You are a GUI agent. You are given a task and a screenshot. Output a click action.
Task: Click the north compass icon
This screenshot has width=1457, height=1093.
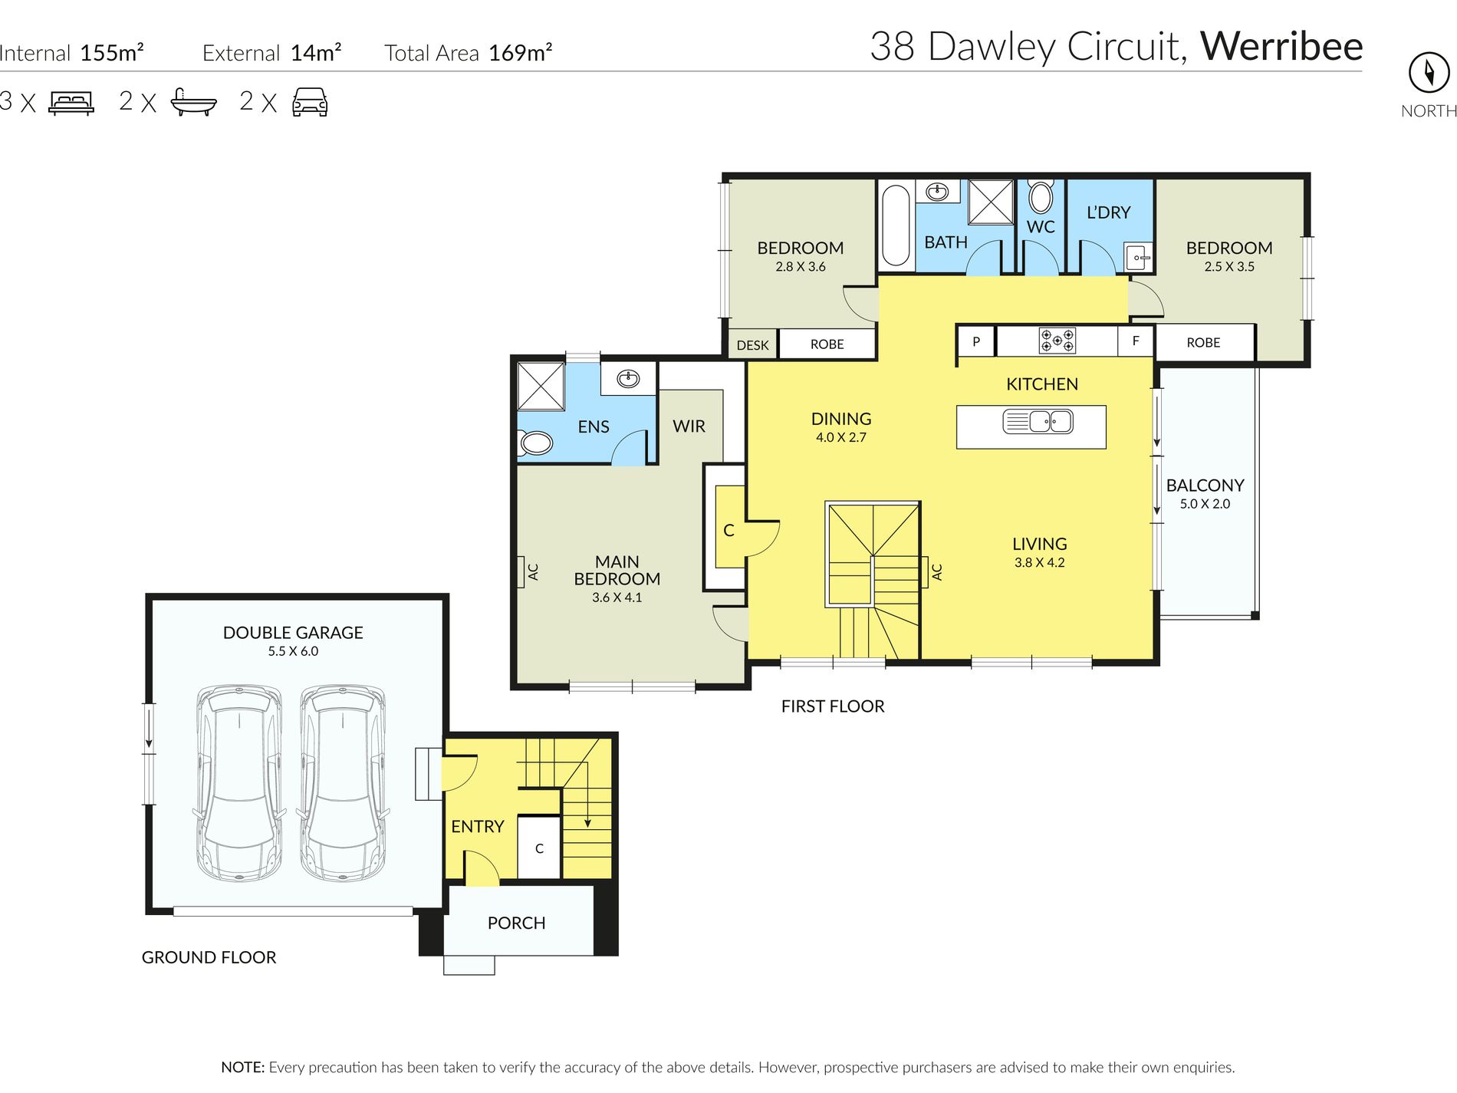click(x=1429, y=72)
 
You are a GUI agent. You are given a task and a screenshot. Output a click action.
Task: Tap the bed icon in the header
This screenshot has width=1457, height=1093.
click(x=71, y=103)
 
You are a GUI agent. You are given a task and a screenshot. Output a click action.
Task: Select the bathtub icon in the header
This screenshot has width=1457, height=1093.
click(x=193, y=102)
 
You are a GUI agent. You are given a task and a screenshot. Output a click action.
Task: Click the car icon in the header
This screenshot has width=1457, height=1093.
click(x=310, y=102)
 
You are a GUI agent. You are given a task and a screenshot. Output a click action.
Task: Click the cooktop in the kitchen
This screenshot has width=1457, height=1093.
click(x=1057, y=340)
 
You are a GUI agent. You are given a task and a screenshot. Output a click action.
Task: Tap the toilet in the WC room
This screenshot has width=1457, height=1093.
click(x=1041, y=196)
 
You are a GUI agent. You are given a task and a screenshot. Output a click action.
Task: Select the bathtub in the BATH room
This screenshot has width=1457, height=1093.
click(x=896, y=225)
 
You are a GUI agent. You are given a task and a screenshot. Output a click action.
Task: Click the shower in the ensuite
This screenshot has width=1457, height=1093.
click(x=541, y=386)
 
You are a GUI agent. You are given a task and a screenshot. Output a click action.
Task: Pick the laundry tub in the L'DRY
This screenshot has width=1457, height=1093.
click(x=1139, y=257)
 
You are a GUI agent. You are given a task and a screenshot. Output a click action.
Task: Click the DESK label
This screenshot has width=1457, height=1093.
click(x=752, y=345)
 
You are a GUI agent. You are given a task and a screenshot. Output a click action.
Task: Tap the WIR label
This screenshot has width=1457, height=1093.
click(x=689, y=426)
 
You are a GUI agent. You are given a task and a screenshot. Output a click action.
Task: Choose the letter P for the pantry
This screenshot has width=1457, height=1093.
click(x=976, y=341)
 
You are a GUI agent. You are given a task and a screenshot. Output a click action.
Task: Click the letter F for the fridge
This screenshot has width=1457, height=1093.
click(x=1136, y=341)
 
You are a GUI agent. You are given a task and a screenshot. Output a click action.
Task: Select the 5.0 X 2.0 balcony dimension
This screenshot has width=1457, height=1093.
click(x=1205, y=504)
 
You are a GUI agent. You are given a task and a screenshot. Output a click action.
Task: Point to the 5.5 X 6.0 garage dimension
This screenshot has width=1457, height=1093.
click(x=293, y=651)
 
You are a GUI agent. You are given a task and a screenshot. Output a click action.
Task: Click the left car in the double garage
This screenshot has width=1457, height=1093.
click(x=239, y=782)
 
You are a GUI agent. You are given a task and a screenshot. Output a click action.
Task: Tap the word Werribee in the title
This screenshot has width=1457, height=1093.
click(x=1281, y=46)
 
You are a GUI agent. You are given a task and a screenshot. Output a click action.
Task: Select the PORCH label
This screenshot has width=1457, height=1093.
click(x=517, y=923)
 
